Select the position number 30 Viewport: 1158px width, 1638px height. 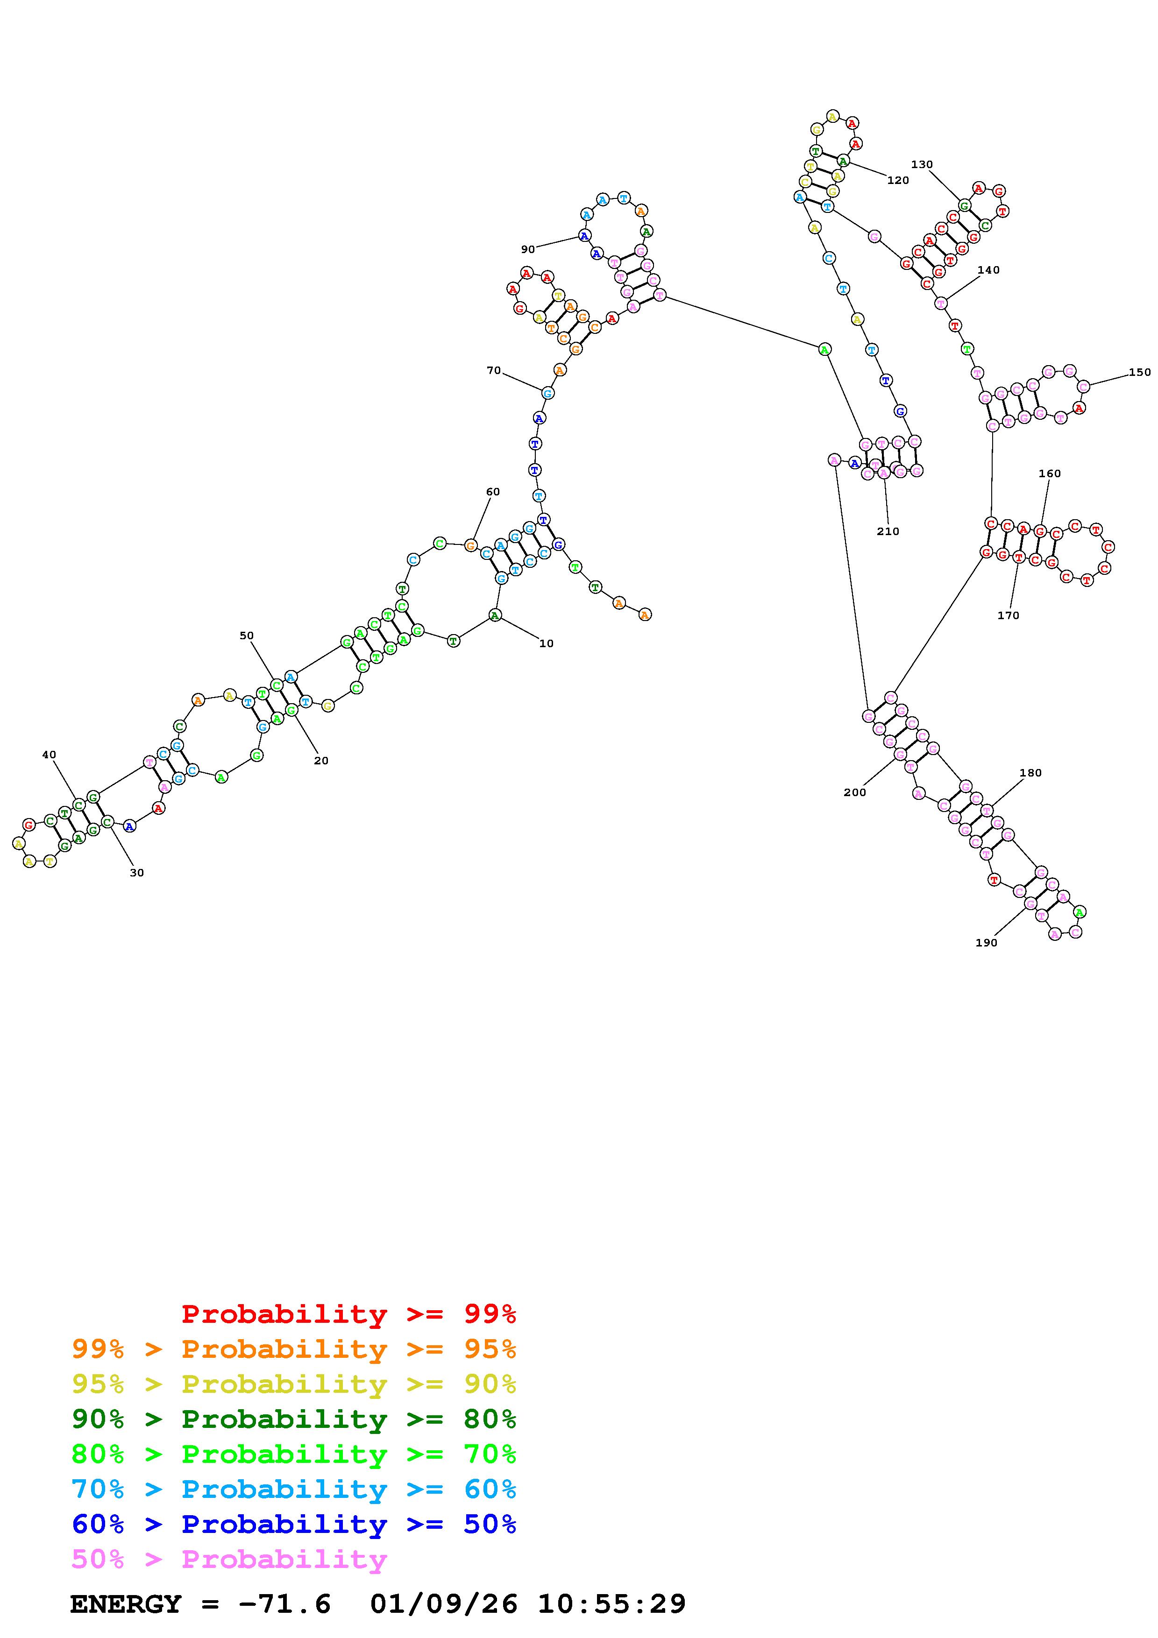click(136, 873)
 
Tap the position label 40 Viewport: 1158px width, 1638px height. click(49, 754)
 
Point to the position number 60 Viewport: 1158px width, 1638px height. click(492, 492)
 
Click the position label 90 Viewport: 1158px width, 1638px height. click(527, 249)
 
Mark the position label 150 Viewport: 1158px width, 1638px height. click(1139, 372)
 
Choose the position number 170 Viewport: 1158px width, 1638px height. click(1008, 615)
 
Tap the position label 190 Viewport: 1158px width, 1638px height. click(986, 942)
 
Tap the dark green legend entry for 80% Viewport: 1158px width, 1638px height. click(293, 1419)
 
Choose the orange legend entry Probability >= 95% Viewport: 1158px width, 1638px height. click(293, 1349)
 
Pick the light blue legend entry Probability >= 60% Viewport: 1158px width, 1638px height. click(293, 1489)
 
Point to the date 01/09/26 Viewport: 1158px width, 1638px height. click(444, 1604)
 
